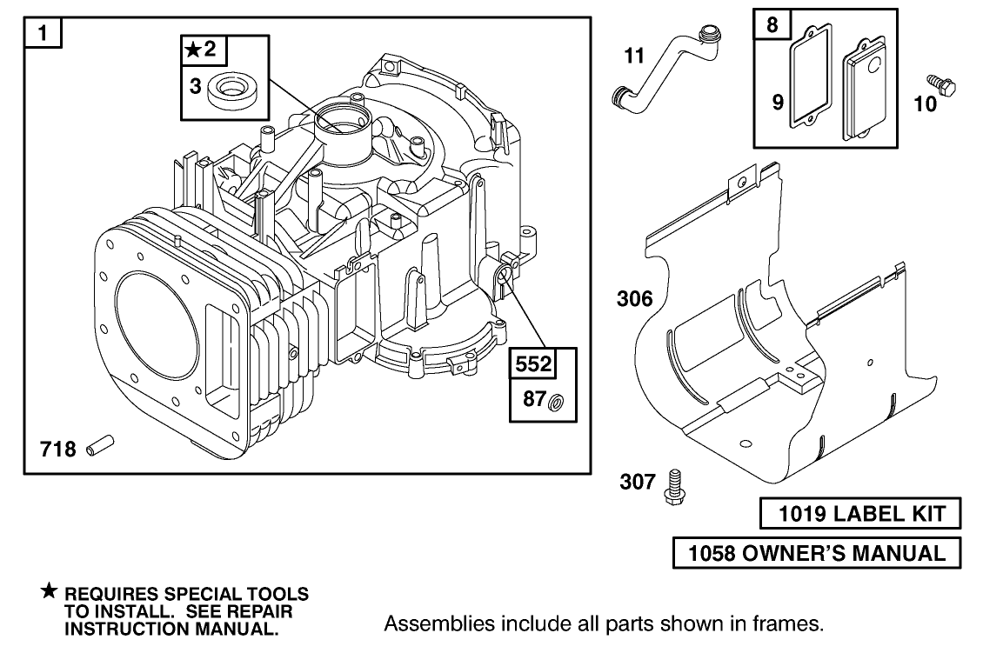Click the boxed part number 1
click(x=43, y=36)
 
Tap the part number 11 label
click(x=635, y=57)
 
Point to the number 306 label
click(x=634, y=300)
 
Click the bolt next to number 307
click(x=672, y=484)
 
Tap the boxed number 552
click(x=532, y=364)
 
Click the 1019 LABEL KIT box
click(x=860, y=515)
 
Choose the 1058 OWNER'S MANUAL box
click(x=816, y=552)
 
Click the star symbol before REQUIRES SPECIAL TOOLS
click(x=50, y=593)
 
